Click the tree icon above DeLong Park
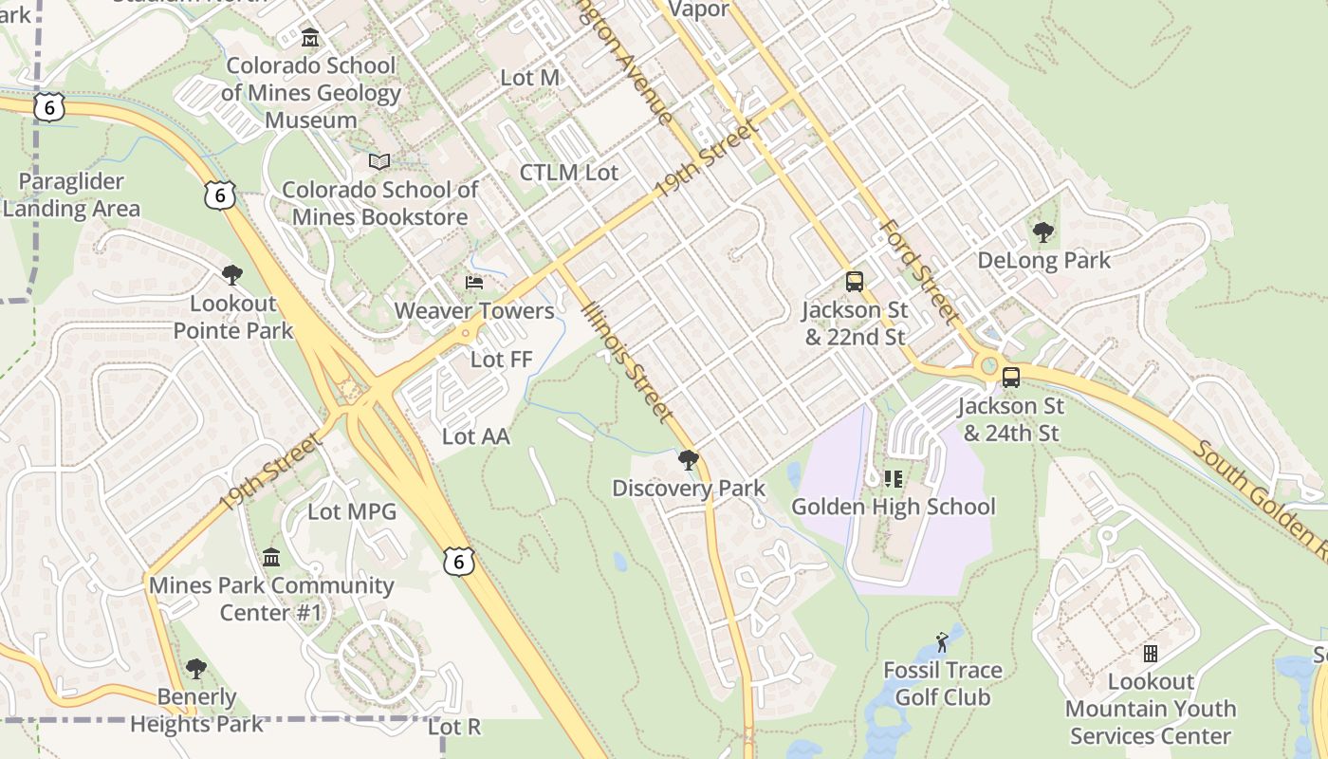(1042, 231)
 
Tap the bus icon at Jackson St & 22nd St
(855, 282)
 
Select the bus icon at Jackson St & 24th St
(1011, 378)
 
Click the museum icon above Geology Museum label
(309, 38)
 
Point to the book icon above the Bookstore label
(379, 161)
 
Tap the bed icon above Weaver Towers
(473, 283)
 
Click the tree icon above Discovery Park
(689, 460)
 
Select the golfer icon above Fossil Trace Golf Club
(942, 642)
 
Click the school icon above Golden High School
(893, 479)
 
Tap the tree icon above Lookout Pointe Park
(231, 275)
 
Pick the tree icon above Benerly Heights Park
(196, 669)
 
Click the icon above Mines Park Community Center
(271, 557)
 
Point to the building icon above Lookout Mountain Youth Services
(1151, 654)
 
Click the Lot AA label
(476, 436)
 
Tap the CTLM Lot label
(568, 173)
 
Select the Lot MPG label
(352, 512)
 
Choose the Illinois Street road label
(629, 363)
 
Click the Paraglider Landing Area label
(71, 195)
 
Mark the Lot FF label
(502, 360)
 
